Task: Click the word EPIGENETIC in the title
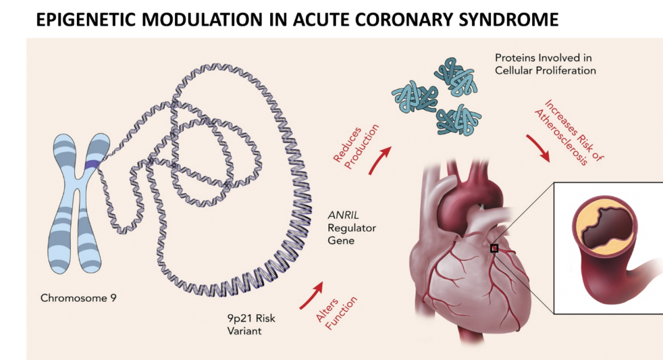pos(86,20)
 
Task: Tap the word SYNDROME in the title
pos(508,20)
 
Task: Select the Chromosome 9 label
pos(78,299)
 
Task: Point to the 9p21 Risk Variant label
pos(251,325)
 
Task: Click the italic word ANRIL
pos(343,215)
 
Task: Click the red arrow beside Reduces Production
pos(380,160)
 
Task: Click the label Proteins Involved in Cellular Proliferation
pos(546,64)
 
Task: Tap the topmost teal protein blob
pos(456,76)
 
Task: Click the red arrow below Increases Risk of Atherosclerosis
pos(538,148)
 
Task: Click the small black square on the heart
pos(494,248)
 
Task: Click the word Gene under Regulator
pos(341,241)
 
